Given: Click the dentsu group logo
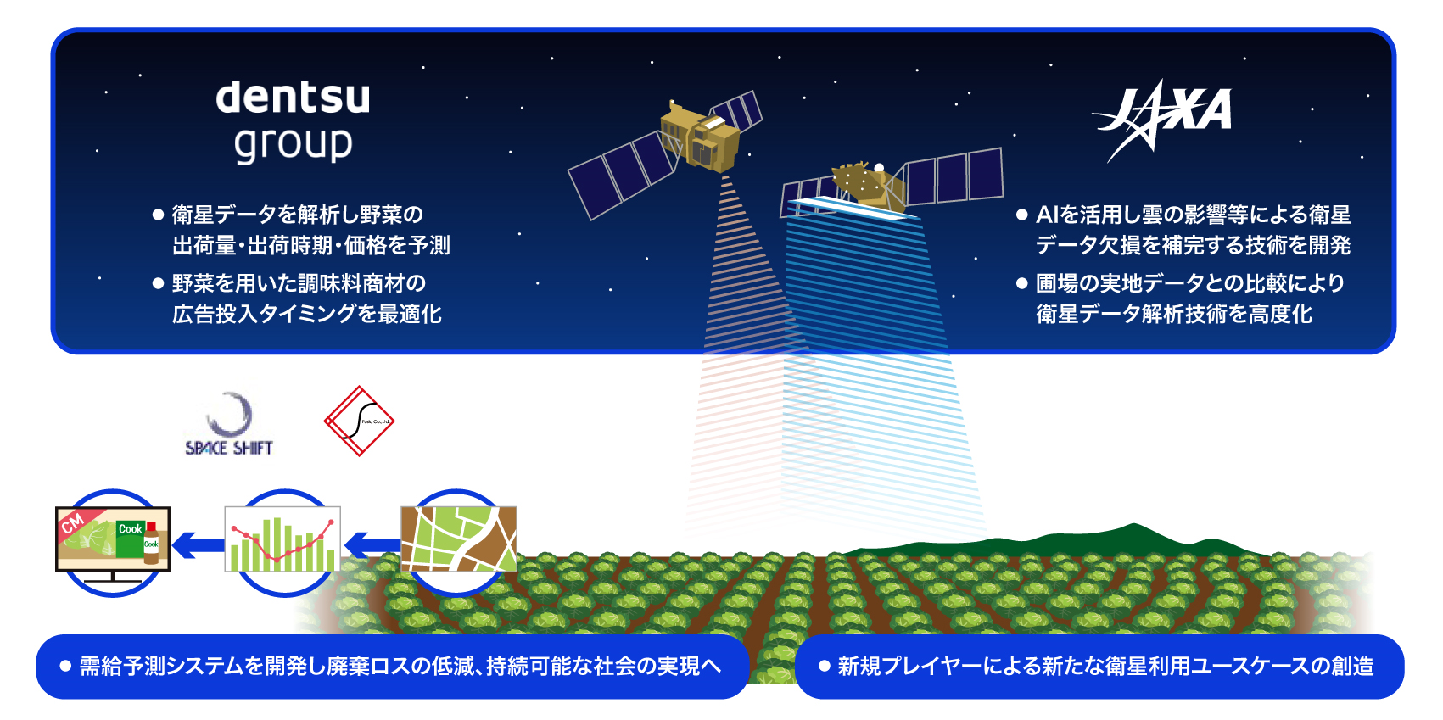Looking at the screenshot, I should click(293, 120).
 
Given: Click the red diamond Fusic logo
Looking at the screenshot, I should click(359, 421).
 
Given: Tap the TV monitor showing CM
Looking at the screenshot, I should click(113, 539).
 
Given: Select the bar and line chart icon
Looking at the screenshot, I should click(282, 540).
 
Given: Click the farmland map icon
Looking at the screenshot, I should click(458, 539).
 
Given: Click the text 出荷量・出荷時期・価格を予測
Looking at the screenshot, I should click(310, 246).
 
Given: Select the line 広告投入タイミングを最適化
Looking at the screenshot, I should click(306, 315).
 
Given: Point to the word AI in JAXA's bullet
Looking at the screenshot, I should click(1047, 215).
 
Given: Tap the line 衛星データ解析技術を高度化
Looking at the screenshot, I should click(1173, 315).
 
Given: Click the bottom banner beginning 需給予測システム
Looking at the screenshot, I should click(391, 667).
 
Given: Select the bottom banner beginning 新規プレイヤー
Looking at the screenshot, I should click(1099, 667).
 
